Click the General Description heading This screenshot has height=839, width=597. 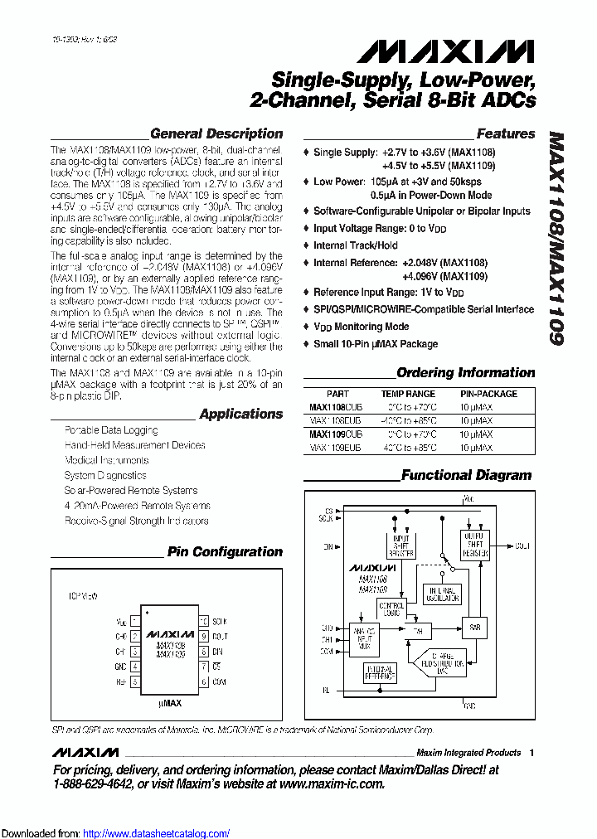216,133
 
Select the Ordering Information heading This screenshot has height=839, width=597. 465,373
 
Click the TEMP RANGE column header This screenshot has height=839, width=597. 408,394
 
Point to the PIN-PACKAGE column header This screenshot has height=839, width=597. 488,394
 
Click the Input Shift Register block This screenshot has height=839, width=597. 400,546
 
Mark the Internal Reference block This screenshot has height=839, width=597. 380,673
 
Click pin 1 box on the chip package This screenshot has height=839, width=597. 135,621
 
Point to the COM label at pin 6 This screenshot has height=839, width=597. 219,681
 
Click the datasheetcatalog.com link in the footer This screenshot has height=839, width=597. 157,833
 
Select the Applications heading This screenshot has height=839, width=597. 240,414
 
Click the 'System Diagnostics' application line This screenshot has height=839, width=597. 105,476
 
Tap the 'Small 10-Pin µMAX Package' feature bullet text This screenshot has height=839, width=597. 375,344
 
